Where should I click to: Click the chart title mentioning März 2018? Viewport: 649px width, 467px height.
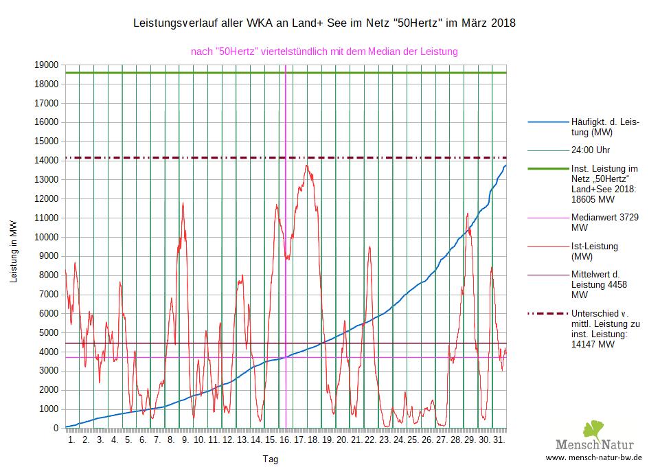pyautogui.click(x=323, y=23)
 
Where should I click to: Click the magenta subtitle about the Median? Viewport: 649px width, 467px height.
pyautogui.click(x=323, y=52)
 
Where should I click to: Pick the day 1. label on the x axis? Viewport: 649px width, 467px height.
pyautogui.click(x=71, y=440)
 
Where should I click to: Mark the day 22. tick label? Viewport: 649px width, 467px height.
pyautogui.click(x=369, y=440)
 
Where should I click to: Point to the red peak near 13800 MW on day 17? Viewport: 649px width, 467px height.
pyautogui.click(x=307, y=166)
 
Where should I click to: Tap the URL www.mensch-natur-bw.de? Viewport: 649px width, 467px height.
pyautogui.click(x=593, y=457)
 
